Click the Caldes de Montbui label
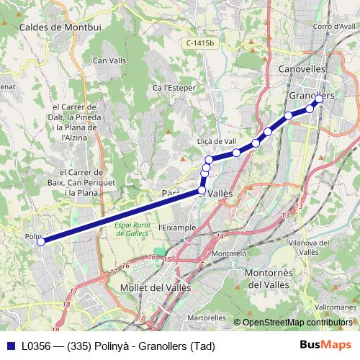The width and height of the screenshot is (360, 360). tap(61, 27)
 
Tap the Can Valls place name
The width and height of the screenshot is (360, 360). tap(109, 60)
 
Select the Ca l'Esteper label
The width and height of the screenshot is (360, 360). tap(171, 88)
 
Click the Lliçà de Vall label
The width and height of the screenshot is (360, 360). tap(217, 142)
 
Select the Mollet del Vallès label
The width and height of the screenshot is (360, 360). tap(155, 287)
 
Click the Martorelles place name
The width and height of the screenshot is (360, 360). tap(206, 317)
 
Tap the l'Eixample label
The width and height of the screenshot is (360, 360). tap(176, 228)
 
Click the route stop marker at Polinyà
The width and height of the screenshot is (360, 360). tap(41, 242)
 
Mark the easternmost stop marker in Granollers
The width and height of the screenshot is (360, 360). tap(319, 99)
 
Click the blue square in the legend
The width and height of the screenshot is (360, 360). tap(11, 346)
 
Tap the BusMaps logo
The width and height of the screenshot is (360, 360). tap(326, 345)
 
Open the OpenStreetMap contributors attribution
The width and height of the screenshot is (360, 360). tap(298, 323)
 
